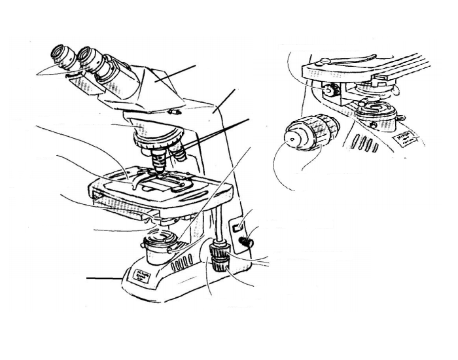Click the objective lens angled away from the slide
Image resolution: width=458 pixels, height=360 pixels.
click(x=178, y=153)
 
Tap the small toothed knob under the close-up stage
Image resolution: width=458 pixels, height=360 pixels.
click(x=332, y=92)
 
